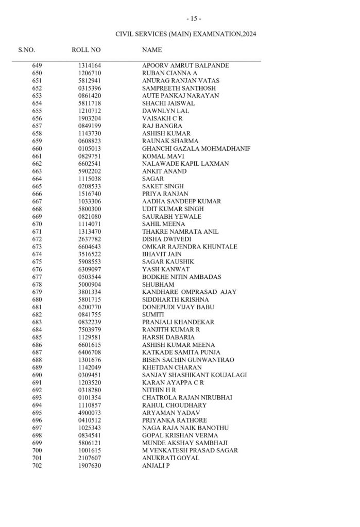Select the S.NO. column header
click(27, 50)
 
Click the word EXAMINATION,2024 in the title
click(226, 34)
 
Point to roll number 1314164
click(90, 66)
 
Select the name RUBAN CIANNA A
click(169, 74)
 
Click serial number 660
click(37, 148)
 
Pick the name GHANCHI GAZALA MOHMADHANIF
click(196, 148)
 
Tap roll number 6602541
click(90, 163)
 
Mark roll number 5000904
click(90, 284)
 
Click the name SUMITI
click(153, 314)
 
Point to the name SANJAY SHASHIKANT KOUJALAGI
click(194, 374)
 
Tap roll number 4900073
click(90, 413)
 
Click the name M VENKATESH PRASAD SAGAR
click(190, 450)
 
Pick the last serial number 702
click(37, 465)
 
